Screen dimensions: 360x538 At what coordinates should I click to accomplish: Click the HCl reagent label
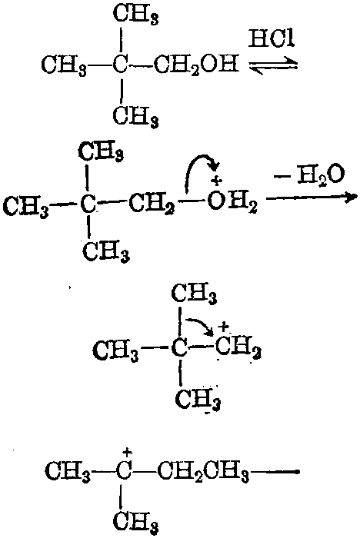(x=272, y=39)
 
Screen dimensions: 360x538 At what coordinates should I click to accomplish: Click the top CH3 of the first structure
(x=136, y=15)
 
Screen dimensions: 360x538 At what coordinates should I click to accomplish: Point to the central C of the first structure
(x=120, y=64)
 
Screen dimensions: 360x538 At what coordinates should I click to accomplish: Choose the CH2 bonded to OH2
(x=152, y=205)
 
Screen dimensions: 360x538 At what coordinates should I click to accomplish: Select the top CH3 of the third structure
(x=194, y=294)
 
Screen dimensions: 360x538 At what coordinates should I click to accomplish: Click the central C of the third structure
(x=179, y=348)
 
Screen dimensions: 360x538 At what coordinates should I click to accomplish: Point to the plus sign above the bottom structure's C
(x=128, y=453)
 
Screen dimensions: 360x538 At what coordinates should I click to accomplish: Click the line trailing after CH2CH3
(x=275, y=472)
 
